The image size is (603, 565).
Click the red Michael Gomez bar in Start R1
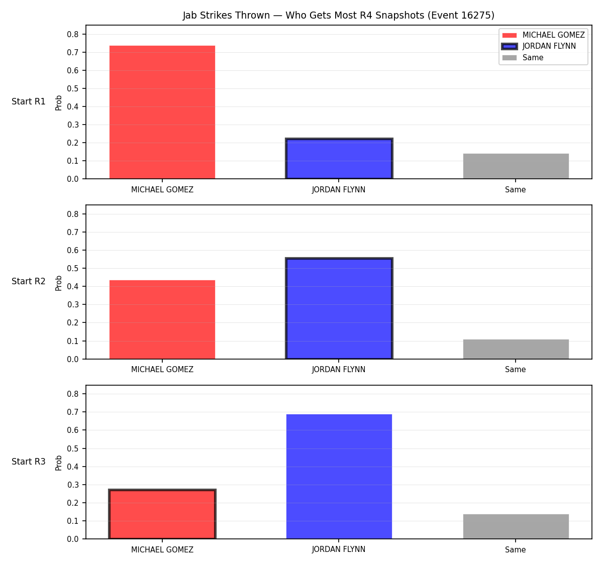click(162, 112)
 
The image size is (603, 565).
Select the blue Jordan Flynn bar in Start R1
click(339, 158)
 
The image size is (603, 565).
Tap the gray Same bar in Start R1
click(516, 166)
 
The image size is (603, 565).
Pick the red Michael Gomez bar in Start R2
click(162, 319)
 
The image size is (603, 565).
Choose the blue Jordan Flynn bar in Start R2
click(339, 308)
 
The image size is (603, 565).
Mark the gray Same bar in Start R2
click(516, 349)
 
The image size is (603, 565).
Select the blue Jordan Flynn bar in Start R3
click(339, 477)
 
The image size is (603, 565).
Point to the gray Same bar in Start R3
click(516, 526)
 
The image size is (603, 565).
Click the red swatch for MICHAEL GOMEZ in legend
click(509, 35)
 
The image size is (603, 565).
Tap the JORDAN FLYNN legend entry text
click(549, 46)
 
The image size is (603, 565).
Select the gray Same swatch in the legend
click(509, 58)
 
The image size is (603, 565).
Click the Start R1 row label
click(29, 101)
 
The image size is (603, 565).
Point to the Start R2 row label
click(29, 281)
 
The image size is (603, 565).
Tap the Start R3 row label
click(29, 462)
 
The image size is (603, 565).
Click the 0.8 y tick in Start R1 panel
click(72, 34)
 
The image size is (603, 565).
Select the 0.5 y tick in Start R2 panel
click(72, 268)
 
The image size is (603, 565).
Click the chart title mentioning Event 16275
click(339, 15)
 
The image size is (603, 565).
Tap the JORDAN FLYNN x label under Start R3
click(339, 549)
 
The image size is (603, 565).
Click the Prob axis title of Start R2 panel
click(59, 283)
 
